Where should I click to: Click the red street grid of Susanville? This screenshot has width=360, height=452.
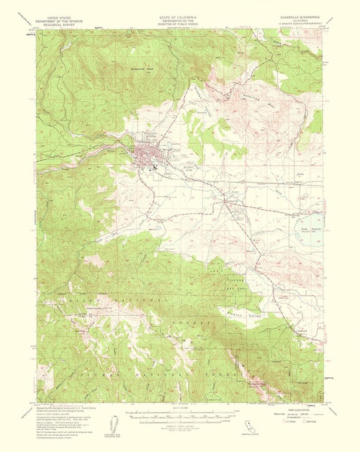tap(150, 155)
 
